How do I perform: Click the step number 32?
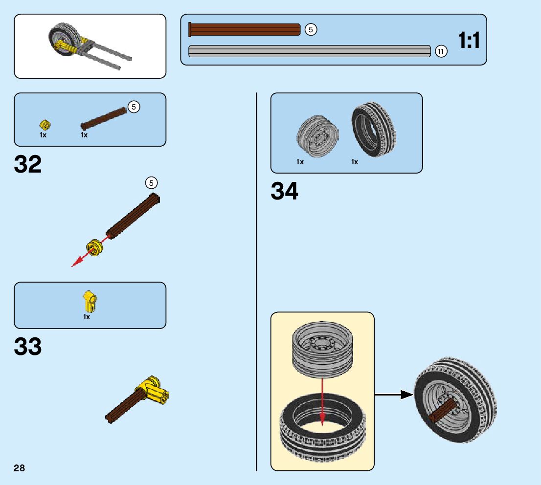[x=28, y=165]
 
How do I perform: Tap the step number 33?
[x=28, y=347]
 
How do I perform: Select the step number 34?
[x=284, y=191]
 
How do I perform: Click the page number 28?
[x=19, y=468]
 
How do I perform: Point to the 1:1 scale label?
[x=469, y=41]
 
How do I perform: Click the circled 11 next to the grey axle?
[x=441, y=51]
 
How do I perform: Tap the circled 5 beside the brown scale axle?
[x=311, y=30]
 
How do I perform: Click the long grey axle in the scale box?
[x=309, y=51]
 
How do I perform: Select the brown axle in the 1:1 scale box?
[x=245, y=30]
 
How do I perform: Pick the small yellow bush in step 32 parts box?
[x=45, y=125]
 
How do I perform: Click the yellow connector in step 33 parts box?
[x=90, y=302]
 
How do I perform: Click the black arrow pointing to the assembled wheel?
[x=394, y=394]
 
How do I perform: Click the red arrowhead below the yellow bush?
[x=75, y=264]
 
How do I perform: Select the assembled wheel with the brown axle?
[x=454, y=400]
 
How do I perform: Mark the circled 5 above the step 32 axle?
[x=151, y=183]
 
